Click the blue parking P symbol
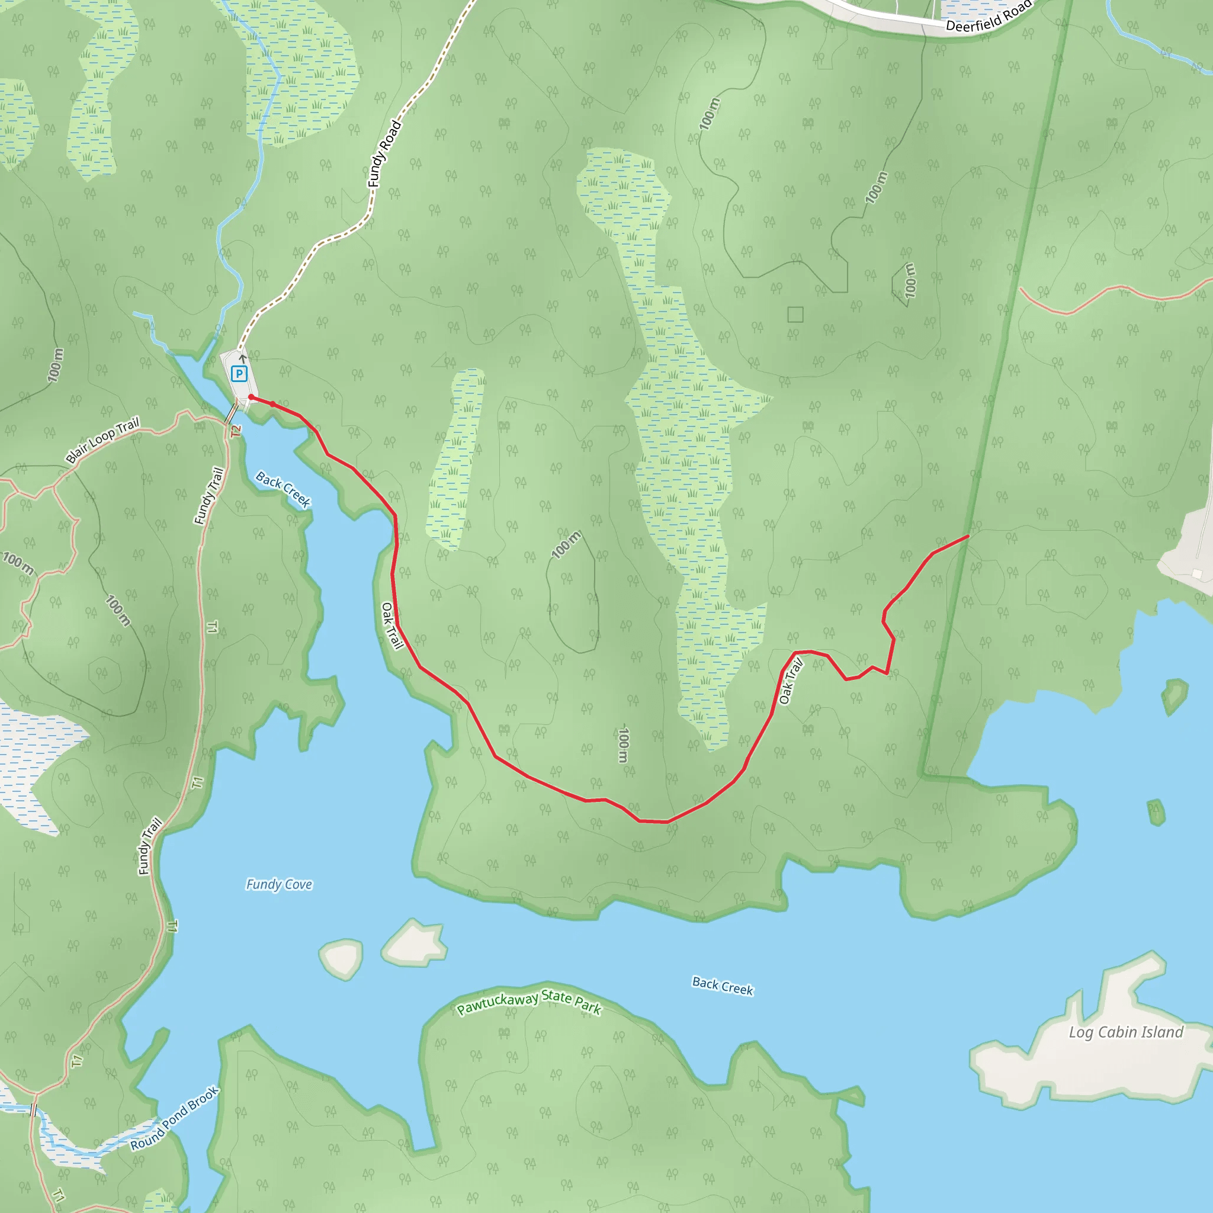point(239,374)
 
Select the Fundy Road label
point(384,154)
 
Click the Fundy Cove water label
point(279,885)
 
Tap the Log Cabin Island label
point(1126,1032)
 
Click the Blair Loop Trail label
point(102,440)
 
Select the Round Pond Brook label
point(175,1118)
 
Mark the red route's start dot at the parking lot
point(251,397)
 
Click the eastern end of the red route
point(968,536)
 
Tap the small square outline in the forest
point(795,314)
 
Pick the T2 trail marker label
point(236,431)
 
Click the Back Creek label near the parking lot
point(283,489)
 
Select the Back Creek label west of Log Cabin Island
point(722,986)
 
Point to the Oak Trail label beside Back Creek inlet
point(392,625)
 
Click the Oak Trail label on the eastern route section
point(791,682)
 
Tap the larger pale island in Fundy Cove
point(415,943)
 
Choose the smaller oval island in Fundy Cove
point(342,958)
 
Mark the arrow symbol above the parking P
point(243,358)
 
